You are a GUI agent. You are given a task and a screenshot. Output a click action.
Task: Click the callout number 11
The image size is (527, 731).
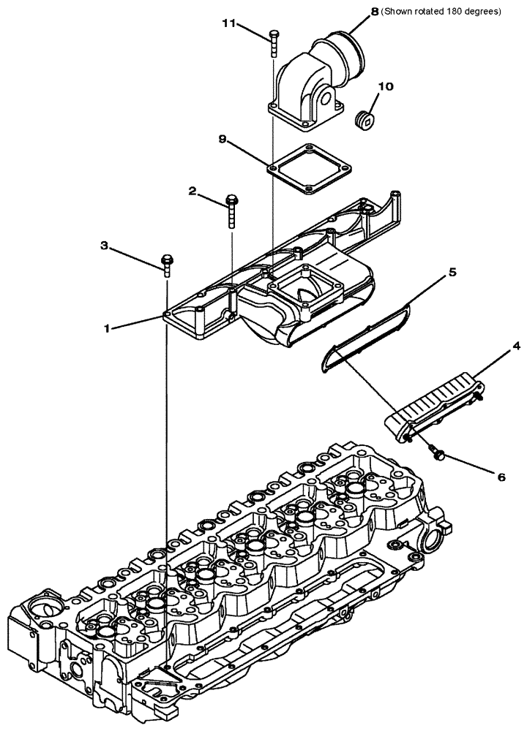point(230,24)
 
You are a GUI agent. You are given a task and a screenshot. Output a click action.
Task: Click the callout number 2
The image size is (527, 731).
point(192,191)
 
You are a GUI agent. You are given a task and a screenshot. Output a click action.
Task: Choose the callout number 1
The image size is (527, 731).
point(107,329)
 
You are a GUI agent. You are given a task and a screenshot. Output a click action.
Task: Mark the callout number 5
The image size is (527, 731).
point(452,272)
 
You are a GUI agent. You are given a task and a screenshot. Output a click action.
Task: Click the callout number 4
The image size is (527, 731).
point(496,344)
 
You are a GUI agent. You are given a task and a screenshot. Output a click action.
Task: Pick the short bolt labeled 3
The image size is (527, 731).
point(168,265)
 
